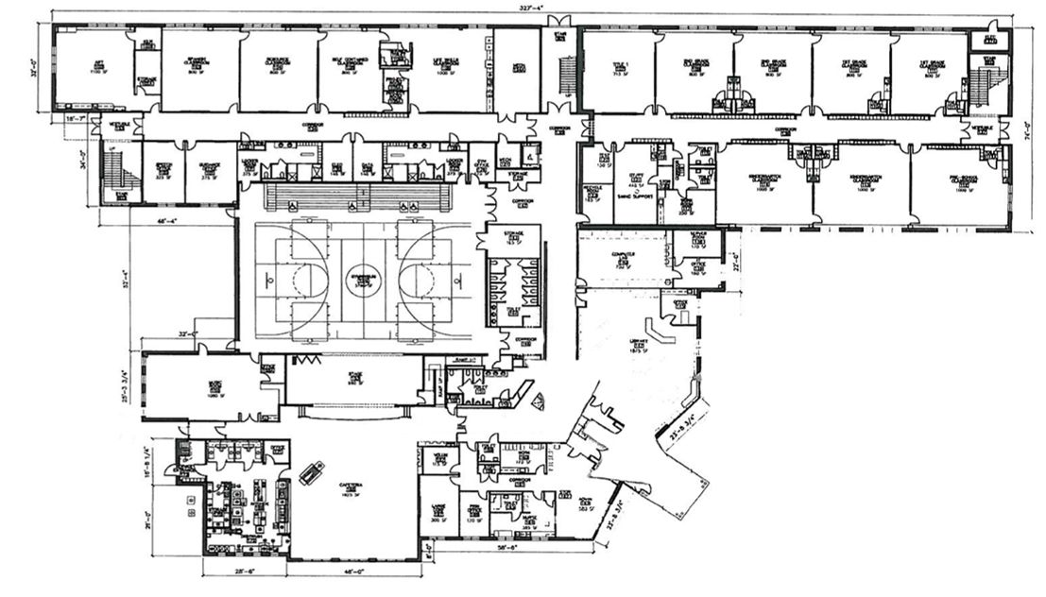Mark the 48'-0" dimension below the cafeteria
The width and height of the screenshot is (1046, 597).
353,572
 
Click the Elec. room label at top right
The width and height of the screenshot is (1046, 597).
991,39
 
